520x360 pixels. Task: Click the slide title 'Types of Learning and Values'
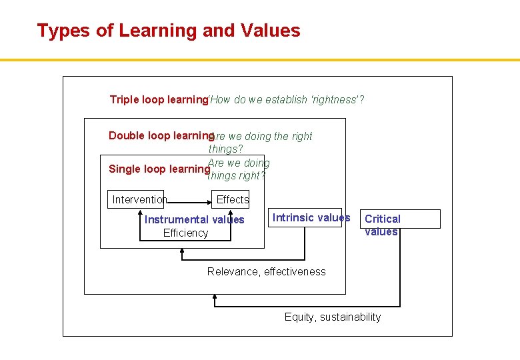pyautogui.click(x=169, y=31)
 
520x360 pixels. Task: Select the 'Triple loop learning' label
pyautogui.click(x=159, y=100)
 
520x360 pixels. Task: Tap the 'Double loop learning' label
pyautogui.click(x=159, y=136)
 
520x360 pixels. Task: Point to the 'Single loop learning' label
pyautogui.click(x=159, y=169)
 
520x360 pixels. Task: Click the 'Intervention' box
pyautogui.click(x=139, y=199)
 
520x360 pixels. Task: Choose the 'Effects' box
pyautogui.click(x=233, y=199)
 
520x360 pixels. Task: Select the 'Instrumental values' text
pyautogui.click(x=194, y=220)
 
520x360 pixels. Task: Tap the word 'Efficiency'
pyautogui.click(x=185, y=233)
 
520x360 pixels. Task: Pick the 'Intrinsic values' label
pyautogui.click(x=311, y=218)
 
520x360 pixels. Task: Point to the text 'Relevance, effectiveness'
pyautogui.click(x=266, y=272)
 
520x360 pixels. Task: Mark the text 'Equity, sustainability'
pyautogui.click(x=332, y=317)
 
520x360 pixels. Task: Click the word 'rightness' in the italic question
pyautogui.click(x=336, y=100)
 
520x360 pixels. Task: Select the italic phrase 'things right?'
pyautogui.click(x=237, y=176)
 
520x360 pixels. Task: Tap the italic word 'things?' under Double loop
pyautogui.click(x=225, y=149)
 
